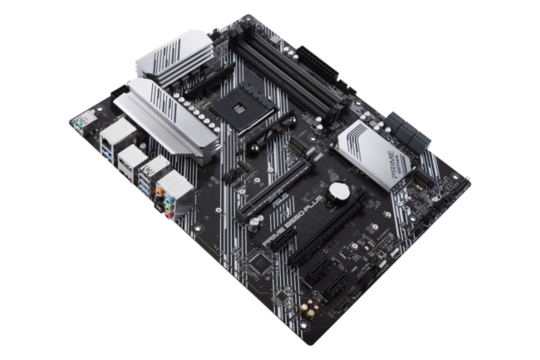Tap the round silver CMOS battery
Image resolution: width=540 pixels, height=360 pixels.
[338, 190]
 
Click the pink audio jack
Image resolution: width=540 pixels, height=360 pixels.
[169, 213]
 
